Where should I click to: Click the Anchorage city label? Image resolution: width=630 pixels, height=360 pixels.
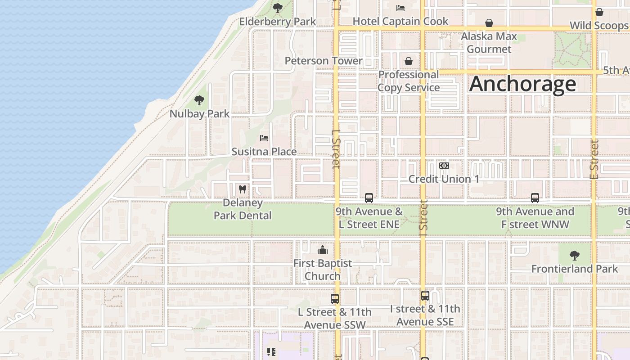pyautogui.click(x=522, y=84)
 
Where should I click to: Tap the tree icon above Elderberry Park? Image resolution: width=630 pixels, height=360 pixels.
pyautogui.click(x=278, y=8)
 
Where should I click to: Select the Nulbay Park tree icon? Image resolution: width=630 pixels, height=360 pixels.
pyautogui.click(x=199, y=100)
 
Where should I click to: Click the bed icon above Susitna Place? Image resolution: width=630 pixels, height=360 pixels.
pyautogui.click(x=264, y=138)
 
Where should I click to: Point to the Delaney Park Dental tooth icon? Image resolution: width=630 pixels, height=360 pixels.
pyautogui.click(x=243, y=189)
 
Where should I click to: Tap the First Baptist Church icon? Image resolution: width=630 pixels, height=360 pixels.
pyautogui.click(x=323, y=250)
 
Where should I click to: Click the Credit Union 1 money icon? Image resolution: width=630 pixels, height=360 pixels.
pyautogui.click(x=444, y=166)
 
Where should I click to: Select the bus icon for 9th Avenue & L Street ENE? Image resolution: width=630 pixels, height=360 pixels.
pyautogui.click(x=369, y=198)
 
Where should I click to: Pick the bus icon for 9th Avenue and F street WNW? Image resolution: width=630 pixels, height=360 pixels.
pyautogui.click(x=535, y=198)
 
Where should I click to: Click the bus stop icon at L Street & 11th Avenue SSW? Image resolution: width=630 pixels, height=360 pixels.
pyautogui.click(x=334, y=298)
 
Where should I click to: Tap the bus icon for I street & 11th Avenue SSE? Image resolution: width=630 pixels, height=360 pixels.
pyautogui.click(x=425, y=296)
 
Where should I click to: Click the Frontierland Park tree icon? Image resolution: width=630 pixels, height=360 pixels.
pyautogui.click(x=574, y=256)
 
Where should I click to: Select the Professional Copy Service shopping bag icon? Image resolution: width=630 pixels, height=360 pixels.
pyautogui.click(x=409, y=61)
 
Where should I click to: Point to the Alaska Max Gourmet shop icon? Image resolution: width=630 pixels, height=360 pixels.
pyautogui.click(x=489, y=23)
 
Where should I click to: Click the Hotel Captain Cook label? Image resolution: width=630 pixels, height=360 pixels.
pyautogui.click(x=400, y=21)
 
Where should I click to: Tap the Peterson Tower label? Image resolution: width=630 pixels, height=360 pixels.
pyautogui.click(x=324, y=61)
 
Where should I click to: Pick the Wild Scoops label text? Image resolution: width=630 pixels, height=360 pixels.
pyautogui.click(x=598, y=26)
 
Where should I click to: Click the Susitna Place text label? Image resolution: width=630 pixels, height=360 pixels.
pyautogui.click(x=264, y=152)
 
